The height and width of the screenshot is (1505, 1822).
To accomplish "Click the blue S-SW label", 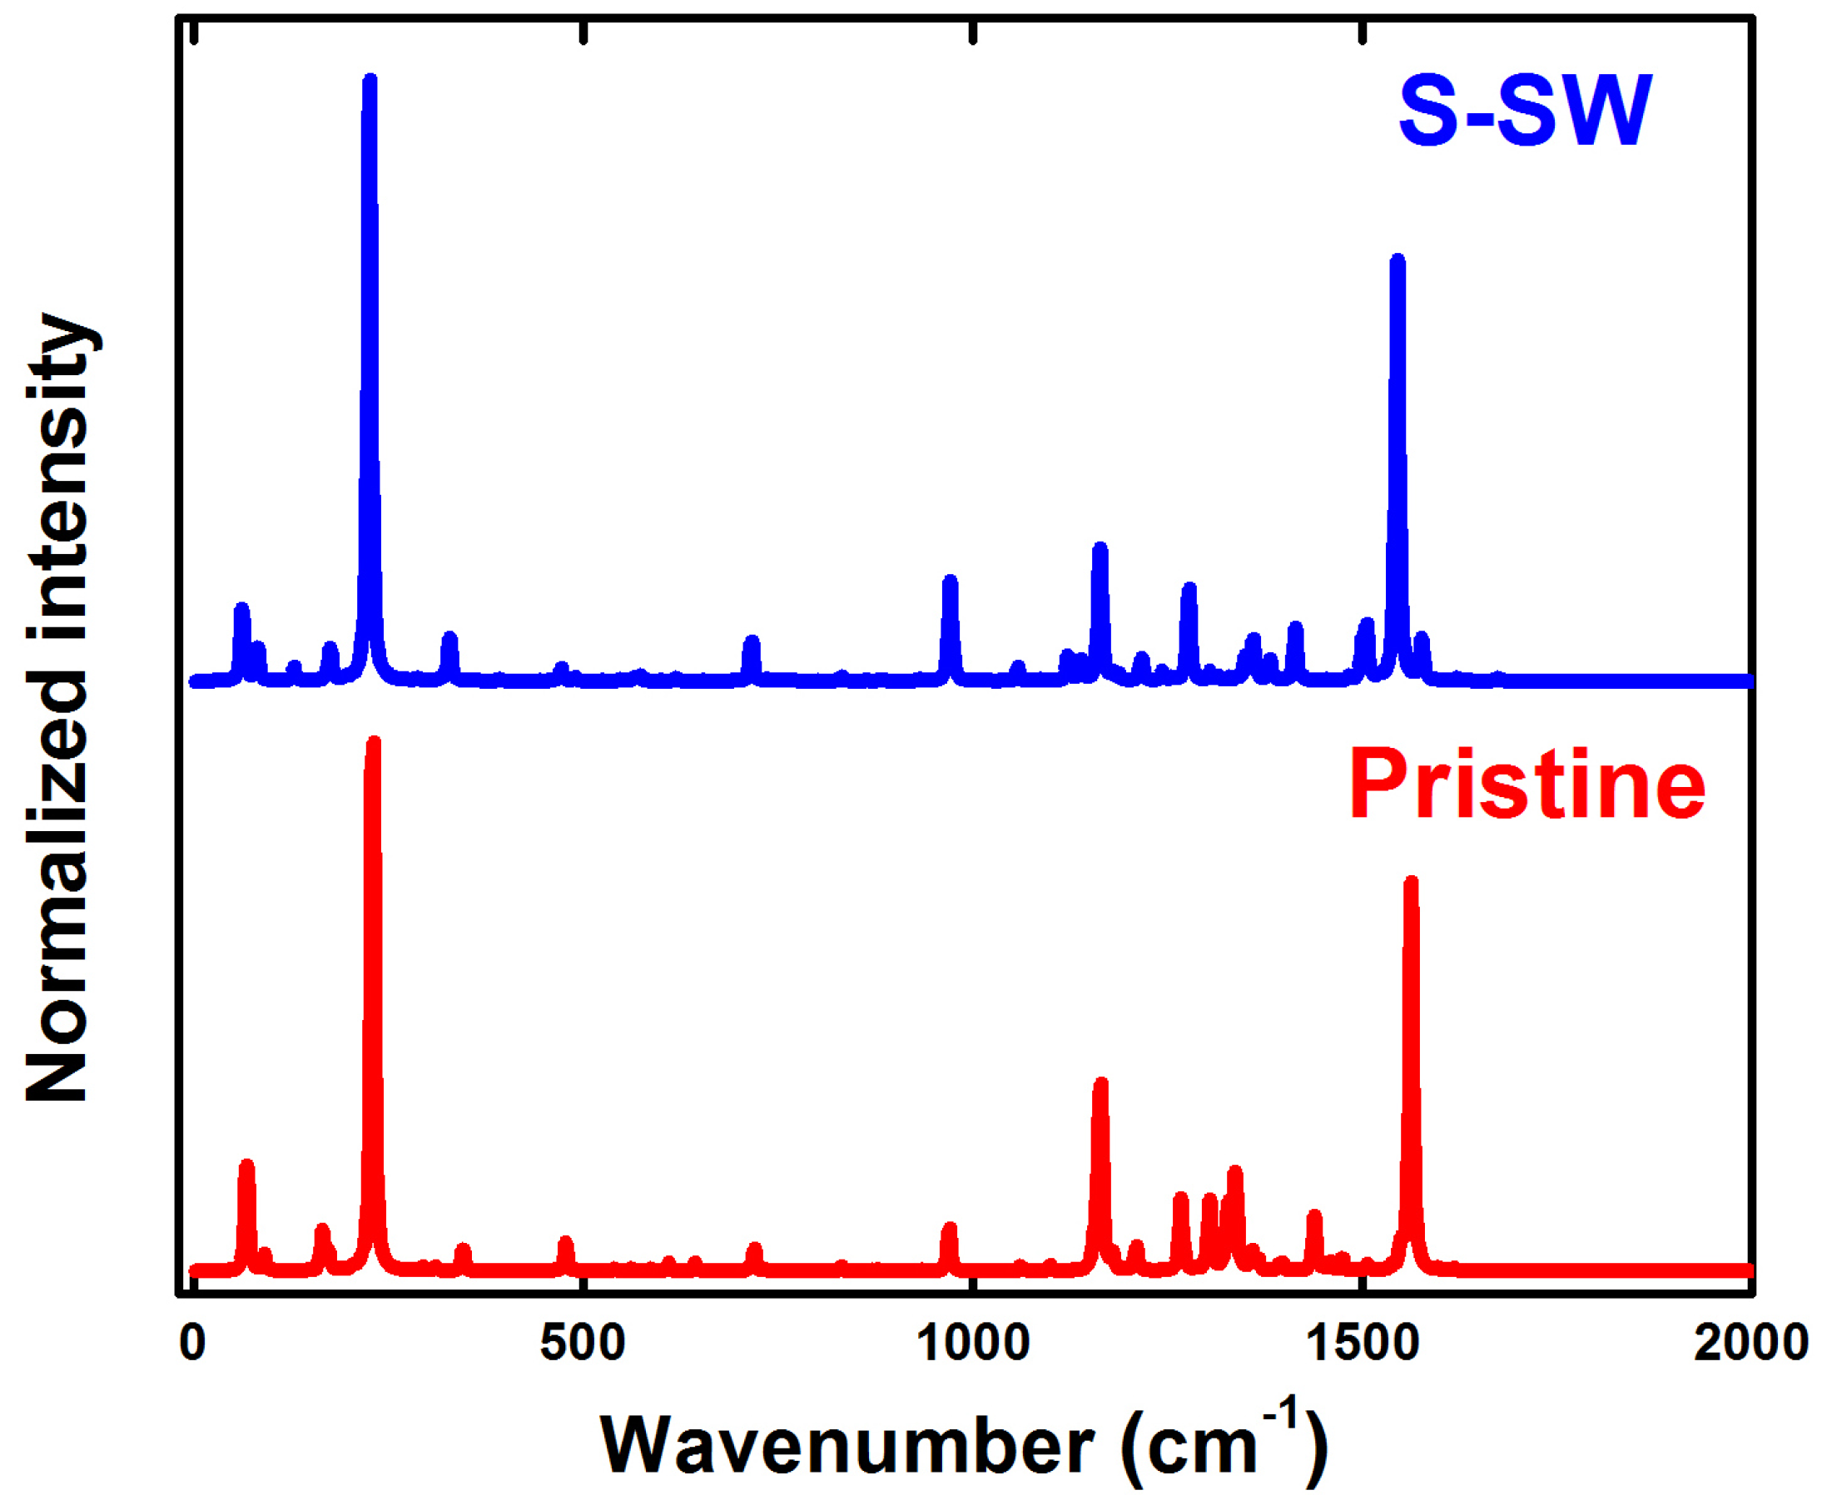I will [x=1524, y=111].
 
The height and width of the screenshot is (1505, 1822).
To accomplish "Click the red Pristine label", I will [x=1527, y=785].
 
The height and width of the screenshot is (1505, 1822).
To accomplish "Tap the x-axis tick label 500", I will [x=583, y=1343].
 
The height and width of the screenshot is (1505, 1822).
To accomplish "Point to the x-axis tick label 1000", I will [x=973, y=1343].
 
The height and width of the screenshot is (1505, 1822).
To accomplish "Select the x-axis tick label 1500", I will [x=1363, y=1343].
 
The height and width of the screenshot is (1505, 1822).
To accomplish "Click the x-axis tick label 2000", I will [x=1751, y=1343].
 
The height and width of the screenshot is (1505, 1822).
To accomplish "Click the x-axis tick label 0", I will [x=192, y=1343].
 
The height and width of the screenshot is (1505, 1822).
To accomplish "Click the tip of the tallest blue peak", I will [x=370, y=80].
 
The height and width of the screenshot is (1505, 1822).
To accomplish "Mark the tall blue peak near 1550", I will [x=1397, y=260].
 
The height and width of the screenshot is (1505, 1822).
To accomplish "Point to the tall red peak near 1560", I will [x=1411, y=883].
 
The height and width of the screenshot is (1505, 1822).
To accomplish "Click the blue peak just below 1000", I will [x=950, y=580].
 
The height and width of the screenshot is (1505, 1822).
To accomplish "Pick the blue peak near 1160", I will [x=1100, y=548].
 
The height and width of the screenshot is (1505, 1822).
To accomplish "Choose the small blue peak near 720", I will [x=752, y=641].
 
